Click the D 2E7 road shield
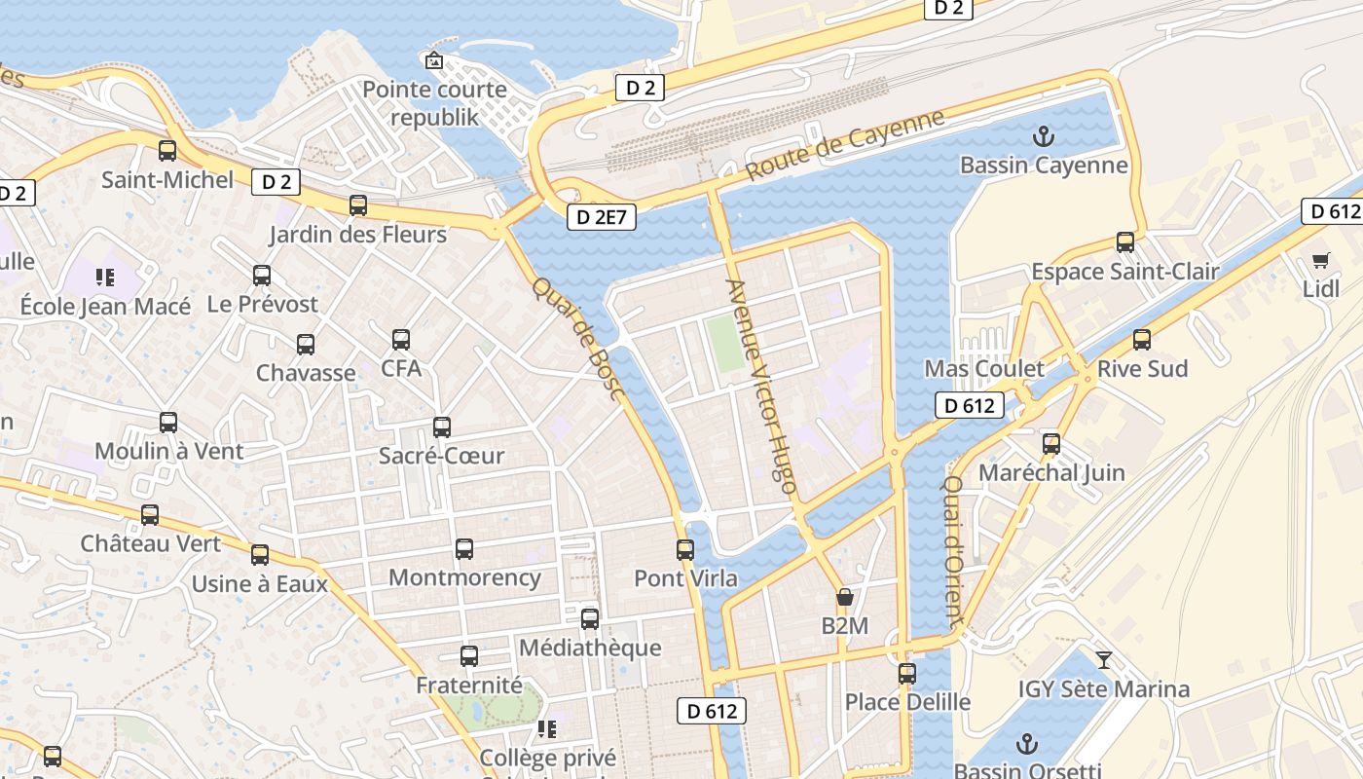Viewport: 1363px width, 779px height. pos(602,217)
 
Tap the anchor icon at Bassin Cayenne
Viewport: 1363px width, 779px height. pos(1044,136)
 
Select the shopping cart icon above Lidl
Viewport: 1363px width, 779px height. pos(1320,260)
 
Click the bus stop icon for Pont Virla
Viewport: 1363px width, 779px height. pos(685,550)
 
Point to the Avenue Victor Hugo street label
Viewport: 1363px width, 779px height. pos(761,386)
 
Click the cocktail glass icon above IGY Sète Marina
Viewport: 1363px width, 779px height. pos(1103,660)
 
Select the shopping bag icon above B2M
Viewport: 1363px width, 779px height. pos(844,597)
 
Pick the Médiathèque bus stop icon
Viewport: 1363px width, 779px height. pos(590,619)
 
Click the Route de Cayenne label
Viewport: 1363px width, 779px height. pos(845,145)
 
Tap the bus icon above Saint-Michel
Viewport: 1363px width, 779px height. pos(167,151)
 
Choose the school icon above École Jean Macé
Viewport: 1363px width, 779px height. pos(106,278)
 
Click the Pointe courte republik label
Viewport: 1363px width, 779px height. pos(434,103)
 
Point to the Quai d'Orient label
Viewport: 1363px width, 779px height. pos(953,550)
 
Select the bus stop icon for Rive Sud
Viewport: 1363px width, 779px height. pos(1142,340)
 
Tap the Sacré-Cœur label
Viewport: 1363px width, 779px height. pos(441,456)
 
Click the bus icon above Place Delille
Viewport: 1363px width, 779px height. pos(907,673)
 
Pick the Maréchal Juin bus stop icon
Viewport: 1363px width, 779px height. pos(1051,444)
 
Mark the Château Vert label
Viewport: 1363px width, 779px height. pos(151,543)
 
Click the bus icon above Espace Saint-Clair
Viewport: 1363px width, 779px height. pos(1125,242)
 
